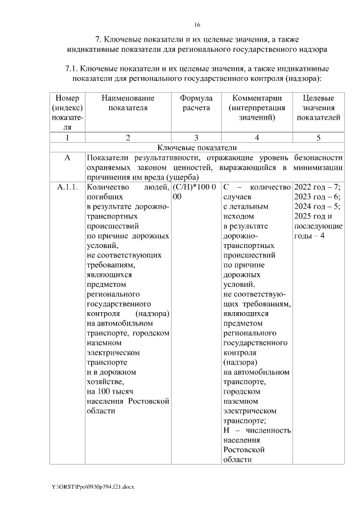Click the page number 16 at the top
[x=197, y=25]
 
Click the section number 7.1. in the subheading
[x=74, y=69]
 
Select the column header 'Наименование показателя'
[x=128, y=103]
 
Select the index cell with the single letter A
[x=67, y=158]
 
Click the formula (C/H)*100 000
[x=194, y=192]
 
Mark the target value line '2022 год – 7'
[x=318, y=187]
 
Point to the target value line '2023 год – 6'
[x=318, y=197]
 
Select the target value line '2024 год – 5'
[x=318, y=206]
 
